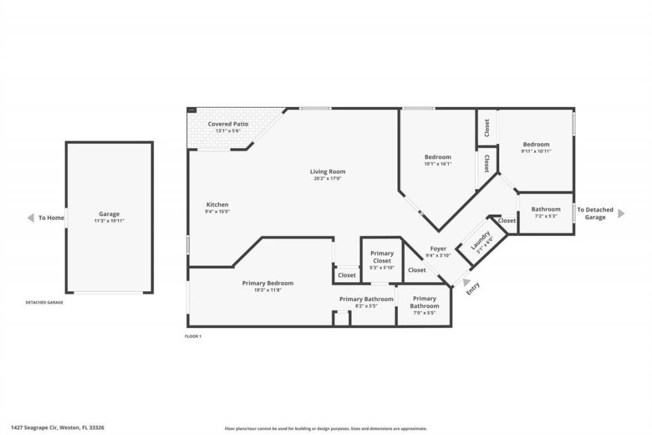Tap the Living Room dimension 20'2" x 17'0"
coord(327,179)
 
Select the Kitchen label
coord(217,204)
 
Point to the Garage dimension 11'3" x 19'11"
coord(109,221)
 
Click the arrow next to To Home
coord(30,218)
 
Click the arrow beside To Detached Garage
coord(621,213)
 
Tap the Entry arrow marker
coord(467,282)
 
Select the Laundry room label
coord(480,240)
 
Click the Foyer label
coord(438,248)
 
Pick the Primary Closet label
coord(382,257)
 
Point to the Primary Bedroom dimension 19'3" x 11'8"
coord(267,290)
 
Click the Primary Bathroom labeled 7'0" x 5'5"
coord(424,302)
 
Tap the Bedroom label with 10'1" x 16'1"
coord(437,157)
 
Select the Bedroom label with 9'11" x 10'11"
coord(536,144)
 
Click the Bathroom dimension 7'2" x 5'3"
coord(546,217)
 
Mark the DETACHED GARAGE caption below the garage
coord(45,303)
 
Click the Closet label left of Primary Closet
coord(347,275)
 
